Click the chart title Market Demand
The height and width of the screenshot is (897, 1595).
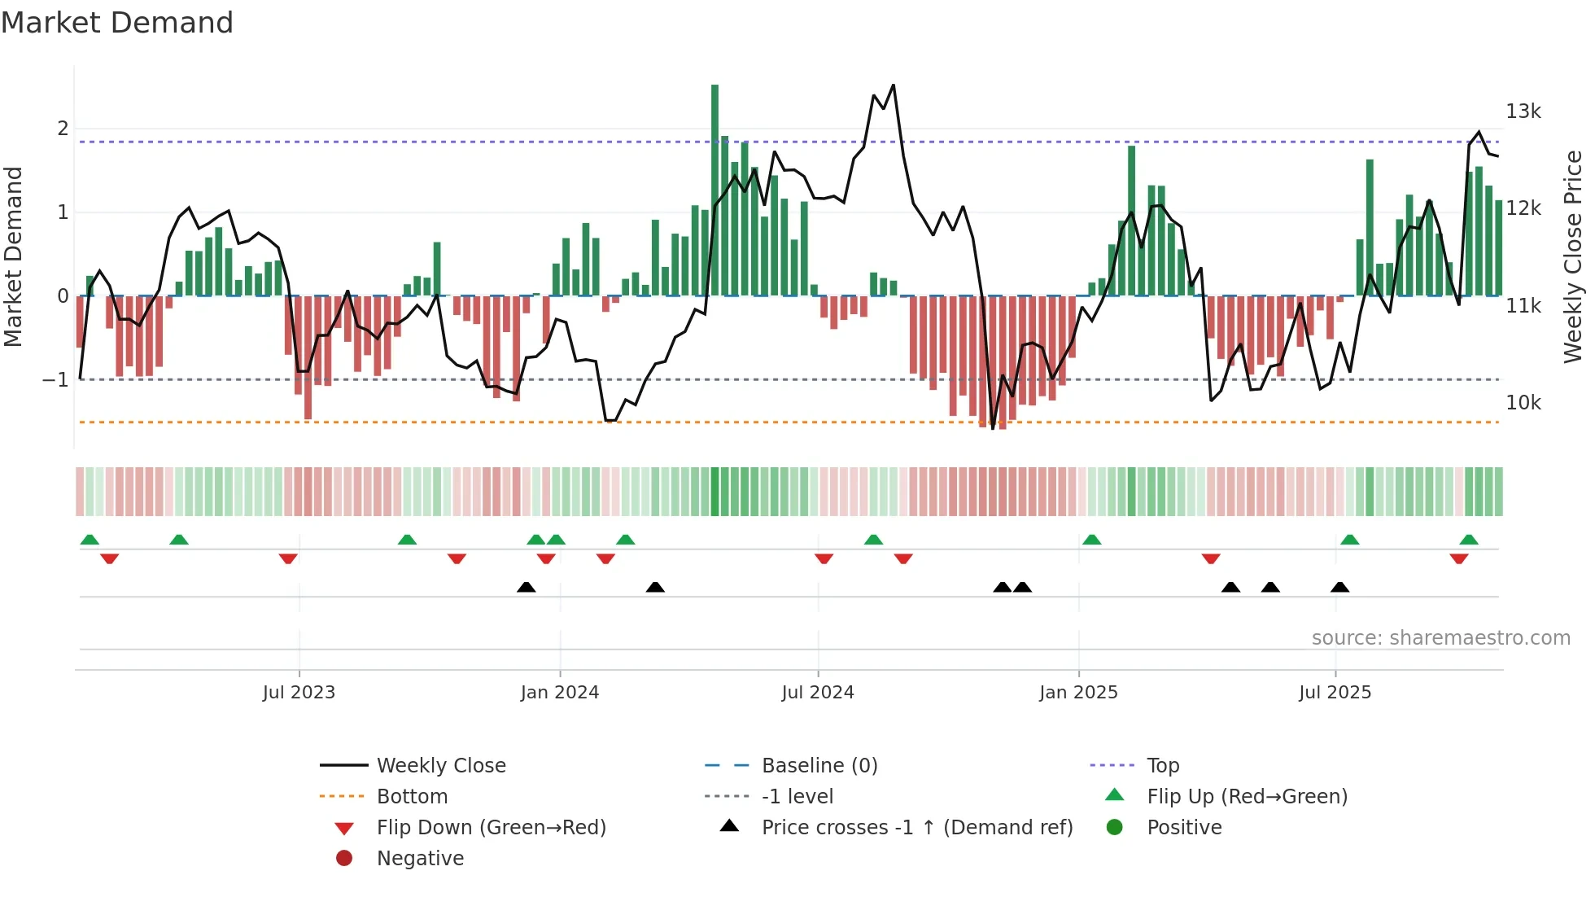117,23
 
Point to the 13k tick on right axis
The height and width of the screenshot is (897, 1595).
1523,112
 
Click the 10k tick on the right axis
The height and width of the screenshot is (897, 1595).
1523,403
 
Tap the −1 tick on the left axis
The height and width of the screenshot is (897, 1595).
55,380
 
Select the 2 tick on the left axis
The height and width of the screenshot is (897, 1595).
63,129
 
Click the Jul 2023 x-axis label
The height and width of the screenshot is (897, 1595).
299,693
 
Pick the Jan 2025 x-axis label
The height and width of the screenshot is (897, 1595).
1078,693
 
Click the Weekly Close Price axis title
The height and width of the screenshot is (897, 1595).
1573,256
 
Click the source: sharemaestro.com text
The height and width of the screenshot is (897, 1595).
1440,638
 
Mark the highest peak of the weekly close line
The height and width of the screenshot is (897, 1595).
894,85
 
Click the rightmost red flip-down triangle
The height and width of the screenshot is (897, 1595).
1458,559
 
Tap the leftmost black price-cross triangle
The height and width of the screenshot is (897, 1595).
527,587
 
